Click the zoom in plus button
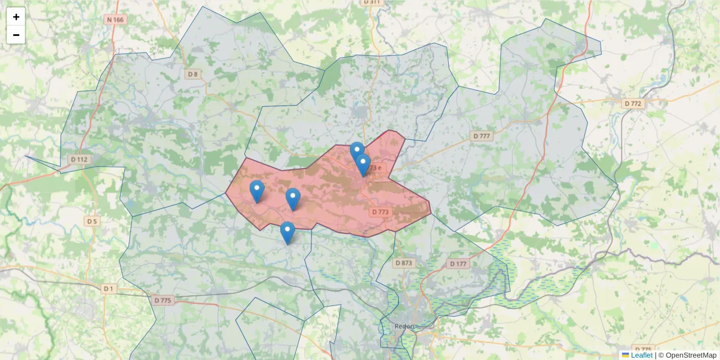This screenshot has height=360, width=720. coord(16,17)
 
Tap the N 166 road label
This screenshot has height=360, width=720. coord(116,20)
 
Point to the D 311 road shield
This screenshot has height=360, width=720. coord(372,2)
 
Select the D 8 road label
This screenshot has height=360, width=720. coord(192,74)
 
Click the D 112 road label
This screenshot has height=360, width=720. coord(79,160)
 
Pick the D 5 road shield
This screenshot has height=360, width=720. coord(91,221)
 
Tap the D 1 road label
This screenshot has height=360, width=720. coord(107,289)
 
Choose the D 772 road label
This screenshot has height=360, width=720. coord(632,104)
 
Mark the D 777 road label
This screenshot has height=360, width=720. coord(481,136)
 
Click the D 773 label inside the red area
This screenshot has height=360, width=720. coord(380,212)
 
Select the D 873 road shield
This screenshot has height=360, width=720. coord(404,263)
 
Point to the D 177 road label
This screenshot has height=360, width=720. coord(458,264)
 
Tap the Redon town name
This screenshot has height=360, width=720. coord(405,326)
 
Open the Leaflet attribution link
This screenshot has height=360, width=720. coord(641,355)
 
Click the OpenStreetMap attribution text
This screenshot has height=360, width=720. coord(687,355)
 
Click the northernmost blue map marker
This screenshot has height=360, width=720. coord(357,152)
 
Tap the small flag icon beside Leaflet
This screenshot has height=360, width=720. coord(625,355)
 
